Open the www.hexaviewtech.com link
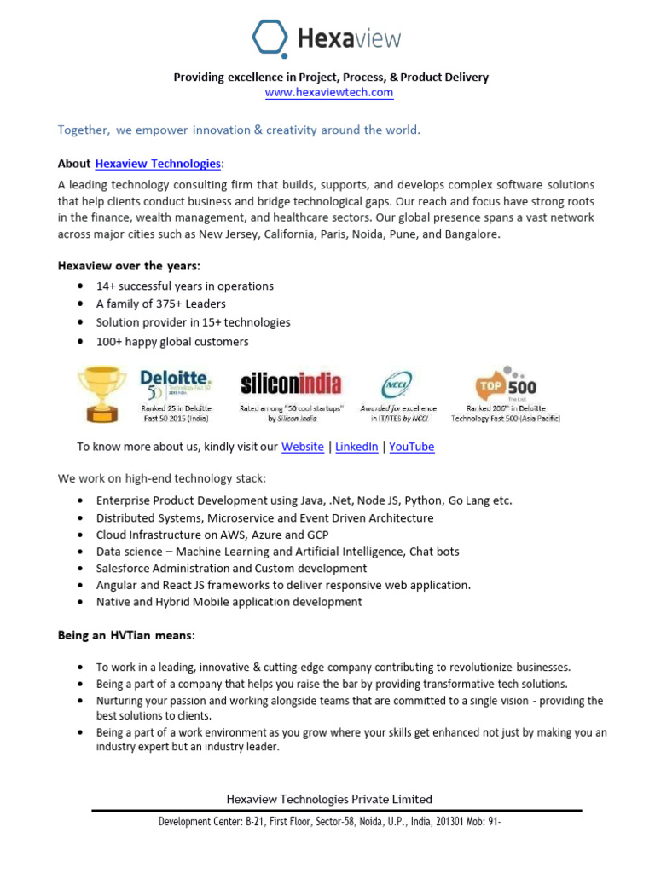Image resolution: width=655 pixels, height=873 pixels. point(329,92)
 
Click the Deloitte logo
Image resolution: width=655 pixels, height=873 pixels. point(176,382)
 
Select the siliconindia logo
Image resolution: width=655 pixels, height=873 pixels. point(291,383)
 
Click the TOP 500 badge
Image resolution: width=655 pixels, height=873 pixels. point(506,384)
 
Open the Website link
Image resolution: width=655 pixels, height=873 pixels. point(303,447)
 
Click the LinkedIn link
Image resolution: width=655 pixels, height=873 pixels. point(356,447)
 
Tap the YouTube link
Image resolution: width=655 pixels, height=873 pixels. point(412,447)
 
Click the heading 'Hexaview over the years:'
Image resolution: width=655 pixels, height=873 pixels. point(128,266)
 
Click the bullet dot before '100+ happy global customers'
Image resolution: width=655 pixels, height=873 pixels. point(80,342)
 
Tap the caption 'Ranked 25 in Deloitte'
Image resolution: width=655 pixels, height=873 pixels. point(176,408)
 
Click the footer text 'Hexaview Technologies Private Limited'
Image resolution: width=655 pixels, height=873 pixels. point(328,799)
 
